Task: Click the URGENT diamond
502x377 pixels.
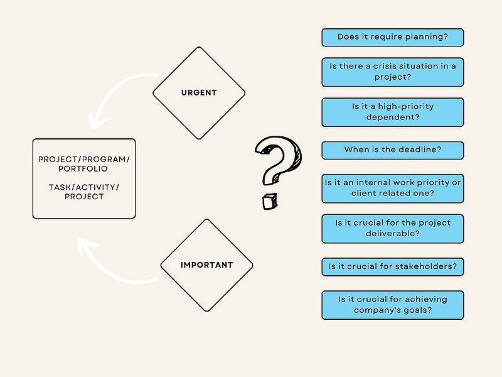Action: pyautogui.click(x=199, y=93)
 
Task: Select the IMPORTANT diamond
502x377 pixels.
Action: pyautogui.click(x=206, y=265)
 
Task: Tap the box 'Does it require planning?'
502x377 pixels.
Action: pyautogui.click(x=393, y=37)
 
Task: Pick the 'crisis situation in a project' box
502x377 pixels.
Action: pyautogui.click(x=393, y=72)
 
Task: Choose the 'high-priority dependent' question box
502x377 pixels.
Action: pyautogui.click(x=393, y=112)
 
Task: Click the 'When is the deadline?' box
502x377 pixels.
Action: pyautogui.click(x=393, y=150)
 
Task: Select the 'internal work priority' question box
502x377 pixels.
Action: pyautogui.click(x=393, y=188)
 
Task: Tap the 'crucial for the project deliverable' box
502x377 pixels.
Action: pyautogui.click(x=393, y=229)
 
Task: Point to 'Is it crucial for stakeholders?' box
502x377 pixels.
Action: pyautogui.click(x=393, y=266)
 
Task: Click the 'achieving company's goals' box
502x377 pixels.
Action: pyautogui.click(x=393, y=305)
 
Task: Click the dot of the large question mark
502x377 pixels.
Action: pyautogui.click(x=270, y=201)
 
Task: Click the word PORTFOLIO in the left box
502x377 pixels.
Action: pyautogui.click(x=83, y=168)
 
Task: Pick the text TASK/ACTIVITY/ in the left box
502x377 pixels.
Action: pyautogui.click(x=84, y=187)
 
